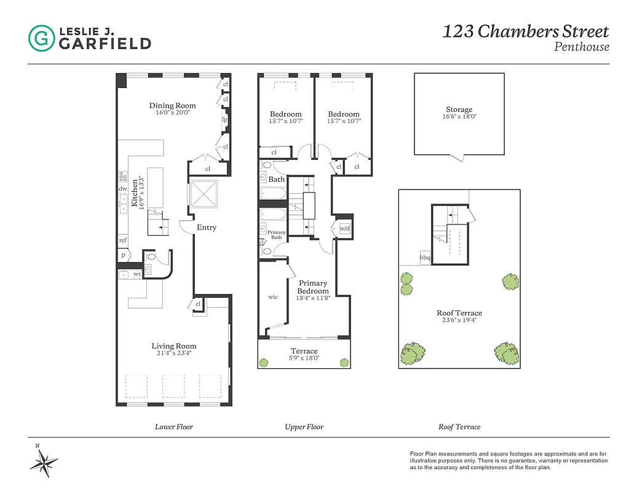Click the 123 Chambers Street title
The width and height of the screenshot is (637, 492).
coord(525,31)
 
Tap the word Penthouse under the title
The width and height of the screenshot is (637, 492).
coord(582,47)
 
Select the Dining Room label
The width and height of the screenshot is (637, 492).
coord(172,106)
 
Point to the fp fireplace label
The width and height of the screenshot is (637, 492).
coord(225,120)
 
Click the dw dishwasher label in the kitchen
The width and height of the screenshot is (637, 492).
coord(123,189)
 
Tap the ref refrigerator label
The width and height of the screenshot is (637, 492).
coord(123,240)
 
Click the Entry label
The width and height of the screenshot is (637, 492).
coord(206,228)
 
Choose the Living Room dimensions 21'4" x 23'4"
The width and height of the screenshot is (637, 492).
coord(174,354)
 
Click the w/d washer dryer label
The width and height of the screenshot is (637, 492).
coord(344,228)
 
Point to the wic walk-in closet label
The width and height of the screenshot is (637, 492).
coord(273,297)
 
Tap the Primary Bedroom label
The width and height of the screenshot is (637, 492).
coord(313,287)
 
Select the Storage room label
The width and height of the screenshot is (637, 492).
coord(459,109)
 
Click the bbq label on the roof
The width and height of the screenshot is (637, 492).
coord(425,258)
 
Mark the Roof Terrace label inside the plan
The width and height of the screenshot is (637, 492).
coord(459,313)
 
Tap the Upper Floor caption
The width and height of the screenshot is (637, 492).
coord(304,427)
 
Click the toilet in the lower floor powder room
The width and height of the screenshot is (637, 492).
coord(151,258)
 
